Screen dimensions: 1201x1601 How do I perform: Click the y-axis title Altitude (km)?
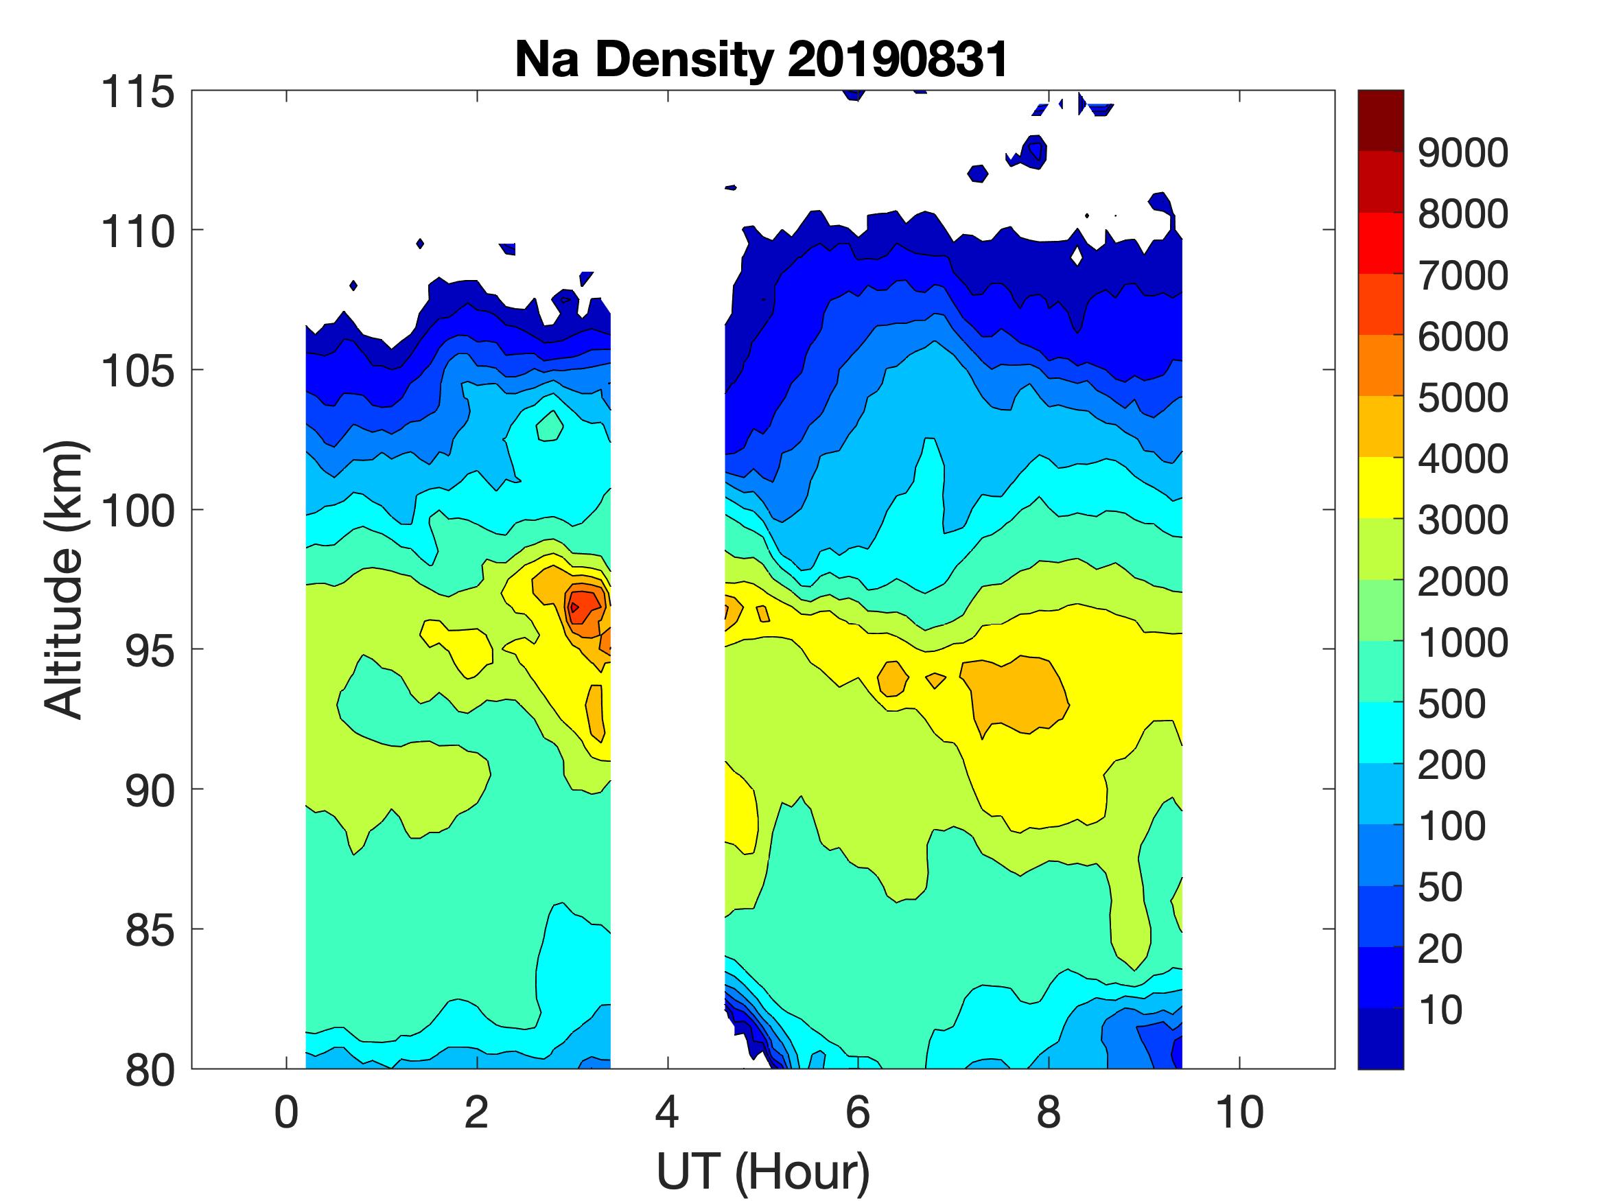65,579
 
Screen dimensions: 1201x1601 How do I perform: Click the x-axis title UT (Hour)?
763,1171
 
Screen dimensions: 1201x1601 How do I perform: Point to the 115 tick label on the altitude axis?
137,93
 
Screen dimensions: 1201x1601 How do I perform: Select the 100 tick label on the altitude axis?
137,511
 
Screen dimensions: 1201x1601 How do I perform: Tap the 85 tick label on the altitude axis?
150,930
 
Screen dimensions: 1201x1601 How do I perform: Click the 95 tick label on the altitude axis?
150,651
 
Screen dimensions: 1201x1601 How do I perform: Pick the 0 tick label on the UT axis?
286,1112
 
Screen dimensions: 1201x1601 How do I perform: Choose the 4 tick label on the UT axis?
666,1112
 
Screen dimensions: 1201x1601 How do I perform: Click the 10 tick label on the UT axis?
1239,1112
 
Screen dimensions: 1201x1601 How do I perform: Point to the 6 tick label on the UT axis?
858,1112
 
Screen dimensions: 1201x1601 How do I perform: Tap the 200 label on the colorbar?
1451,765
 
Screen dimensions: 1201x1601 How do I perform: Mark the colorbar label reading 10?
1440,1010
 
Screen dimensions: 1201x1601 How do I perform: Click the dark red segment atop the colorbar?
1380,120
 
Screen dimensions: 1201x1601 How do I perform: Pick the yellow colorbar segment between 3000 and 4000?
1380,487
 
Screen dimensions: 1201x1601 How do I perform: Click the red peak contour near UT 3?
583,607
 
